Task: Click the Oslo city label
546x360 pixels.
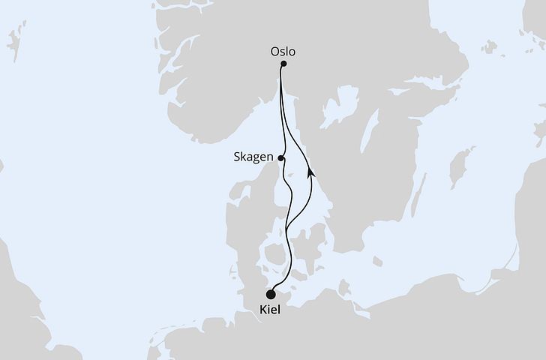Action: [282, 52]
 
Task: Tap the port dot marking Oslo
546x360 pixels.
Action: [283, 64]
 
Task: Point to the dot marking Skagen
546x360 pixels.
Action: [280, 158]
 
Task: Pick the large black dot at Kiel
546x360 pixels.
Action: [271, 295]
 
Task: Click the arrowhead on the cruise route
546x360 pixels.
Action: [310, 172]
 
